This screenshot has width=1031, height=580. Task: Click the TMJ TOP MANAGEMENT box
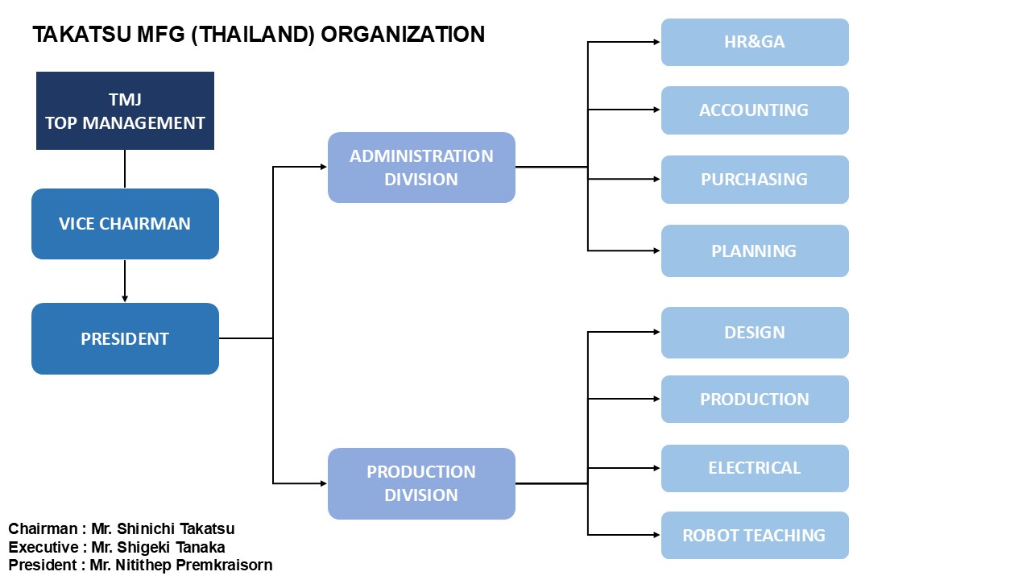(125, 110)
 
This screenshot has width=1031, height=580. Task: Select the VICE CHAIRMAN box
(125, 224)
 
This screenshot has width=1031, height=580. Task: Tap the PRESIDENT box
(125, 338)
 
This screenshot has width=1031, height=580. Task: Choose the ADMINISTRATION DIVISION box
(421, 168)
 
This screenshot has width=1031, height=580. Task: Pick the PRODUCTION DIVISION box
(421, 483)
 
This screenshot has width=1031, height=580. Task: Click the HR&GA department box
(755, 42)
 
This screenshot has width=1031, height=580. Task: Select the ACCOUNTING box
(755, 110)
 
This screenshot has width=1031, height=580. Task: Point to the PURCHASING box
(755, 180)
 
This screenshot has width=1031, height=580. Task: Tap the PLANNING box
(755, 251)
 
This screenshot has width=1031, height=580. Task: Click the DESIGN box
(755, 333)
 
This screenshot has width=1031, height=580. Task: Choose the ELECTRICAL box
(755, 468)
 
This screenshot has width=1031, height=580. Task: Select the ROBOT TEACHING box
(755, 536)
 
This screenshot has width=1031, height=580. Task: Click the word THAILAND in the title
(253, 35)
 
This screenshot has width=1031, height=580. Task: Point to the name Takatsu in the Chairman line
(207, 529)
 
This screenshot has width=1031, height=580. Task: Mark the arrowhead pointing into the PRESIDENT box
(125, 299)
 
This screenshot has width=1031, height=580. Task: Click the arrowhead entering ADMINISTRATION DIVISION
(324, 167)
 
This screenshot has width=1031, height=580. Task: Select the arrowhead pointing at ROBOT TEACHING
(656, 535)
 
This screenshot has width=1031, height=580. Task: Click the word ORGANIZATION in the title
(403, 35)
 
